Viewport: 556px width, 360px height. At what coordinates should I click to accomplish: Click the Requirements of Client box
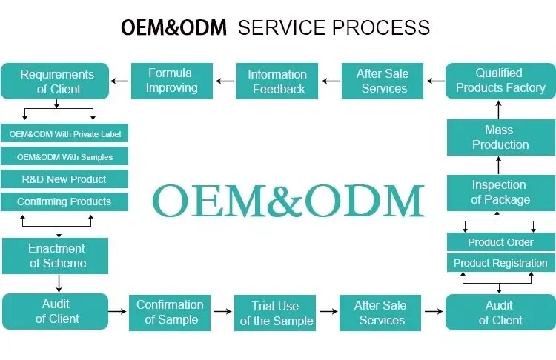[55, 81]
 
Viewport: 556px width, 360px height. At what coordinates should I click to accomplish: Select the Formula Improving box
[172, 81]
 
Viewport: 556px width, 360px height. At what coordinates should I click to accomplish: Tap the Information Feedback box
[277, 81]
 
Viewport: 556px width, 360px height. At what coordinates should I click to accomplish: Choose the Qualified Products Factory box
[500, 81]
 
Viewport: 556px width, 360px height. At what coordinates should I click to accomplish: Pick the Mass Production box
[501, 138]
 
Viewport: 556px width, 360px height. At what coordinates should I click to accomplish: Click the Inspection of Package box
[501, 193]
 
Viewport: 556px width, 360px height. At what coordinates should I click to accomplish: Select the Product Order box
[501, 242]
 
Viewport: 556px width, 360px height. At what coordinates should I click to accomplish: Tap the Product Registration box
[501, 262]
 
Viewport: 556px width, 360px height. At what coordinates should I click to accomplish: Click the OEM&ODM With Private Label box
[64, 133]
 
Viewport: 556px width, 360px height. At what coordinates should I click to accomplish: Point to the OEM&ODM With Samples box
[64, 156]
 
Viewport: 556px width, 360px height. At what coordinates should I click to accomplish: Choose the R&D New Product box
[64, 179]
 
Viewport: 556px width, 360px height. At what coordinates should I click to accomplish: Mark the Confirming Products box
[64, 201]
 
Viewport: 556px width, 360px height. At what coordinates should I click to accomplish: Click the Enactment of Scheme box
[56, 256]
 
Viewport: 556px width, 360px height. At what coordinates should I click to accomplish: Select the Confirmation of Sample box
[170, 313]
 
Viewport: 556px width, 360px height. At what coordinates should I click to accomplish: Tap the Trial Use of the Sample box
[275, 313]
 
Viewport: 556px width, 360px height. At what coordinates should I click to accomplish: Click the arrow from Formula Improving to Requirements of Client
[119, 81]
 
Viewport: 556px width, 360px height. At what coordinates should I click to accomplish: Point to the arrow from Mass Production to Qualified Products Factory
[499, 110]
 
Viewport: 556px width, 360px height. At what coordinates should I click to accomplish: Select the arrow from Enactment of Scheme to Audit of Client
[59, 284]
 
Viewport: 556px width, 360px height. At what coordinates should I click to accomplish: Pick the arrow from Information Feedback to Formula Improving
[225, 81]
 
